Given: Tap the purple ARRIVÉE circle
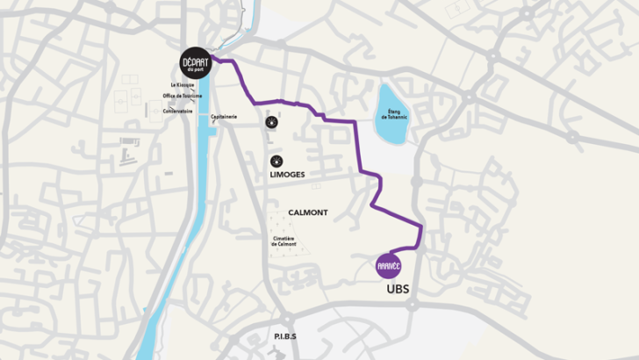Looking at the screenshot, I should (388, 264).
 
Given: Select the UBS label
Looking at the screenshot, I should (398, 288).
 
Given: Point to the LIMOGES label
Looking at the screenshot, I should (287, 175).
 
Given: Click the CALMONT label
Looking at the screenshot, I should (307, 212).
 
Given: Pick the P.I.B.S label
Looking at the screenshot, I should (284, 336).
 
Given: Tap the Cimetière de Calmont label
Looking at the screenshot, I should (284, 242).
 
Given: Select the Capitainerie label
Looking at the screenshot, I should (224, 117).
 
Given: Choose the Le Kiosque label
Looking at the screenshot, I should (183, 85).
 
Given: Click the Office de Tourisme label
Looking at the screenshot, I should (183, 96).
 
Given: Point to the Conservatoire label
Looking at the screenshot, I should (177, 112).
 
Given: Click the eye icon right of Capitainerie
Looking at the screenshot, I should (271, 122).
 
